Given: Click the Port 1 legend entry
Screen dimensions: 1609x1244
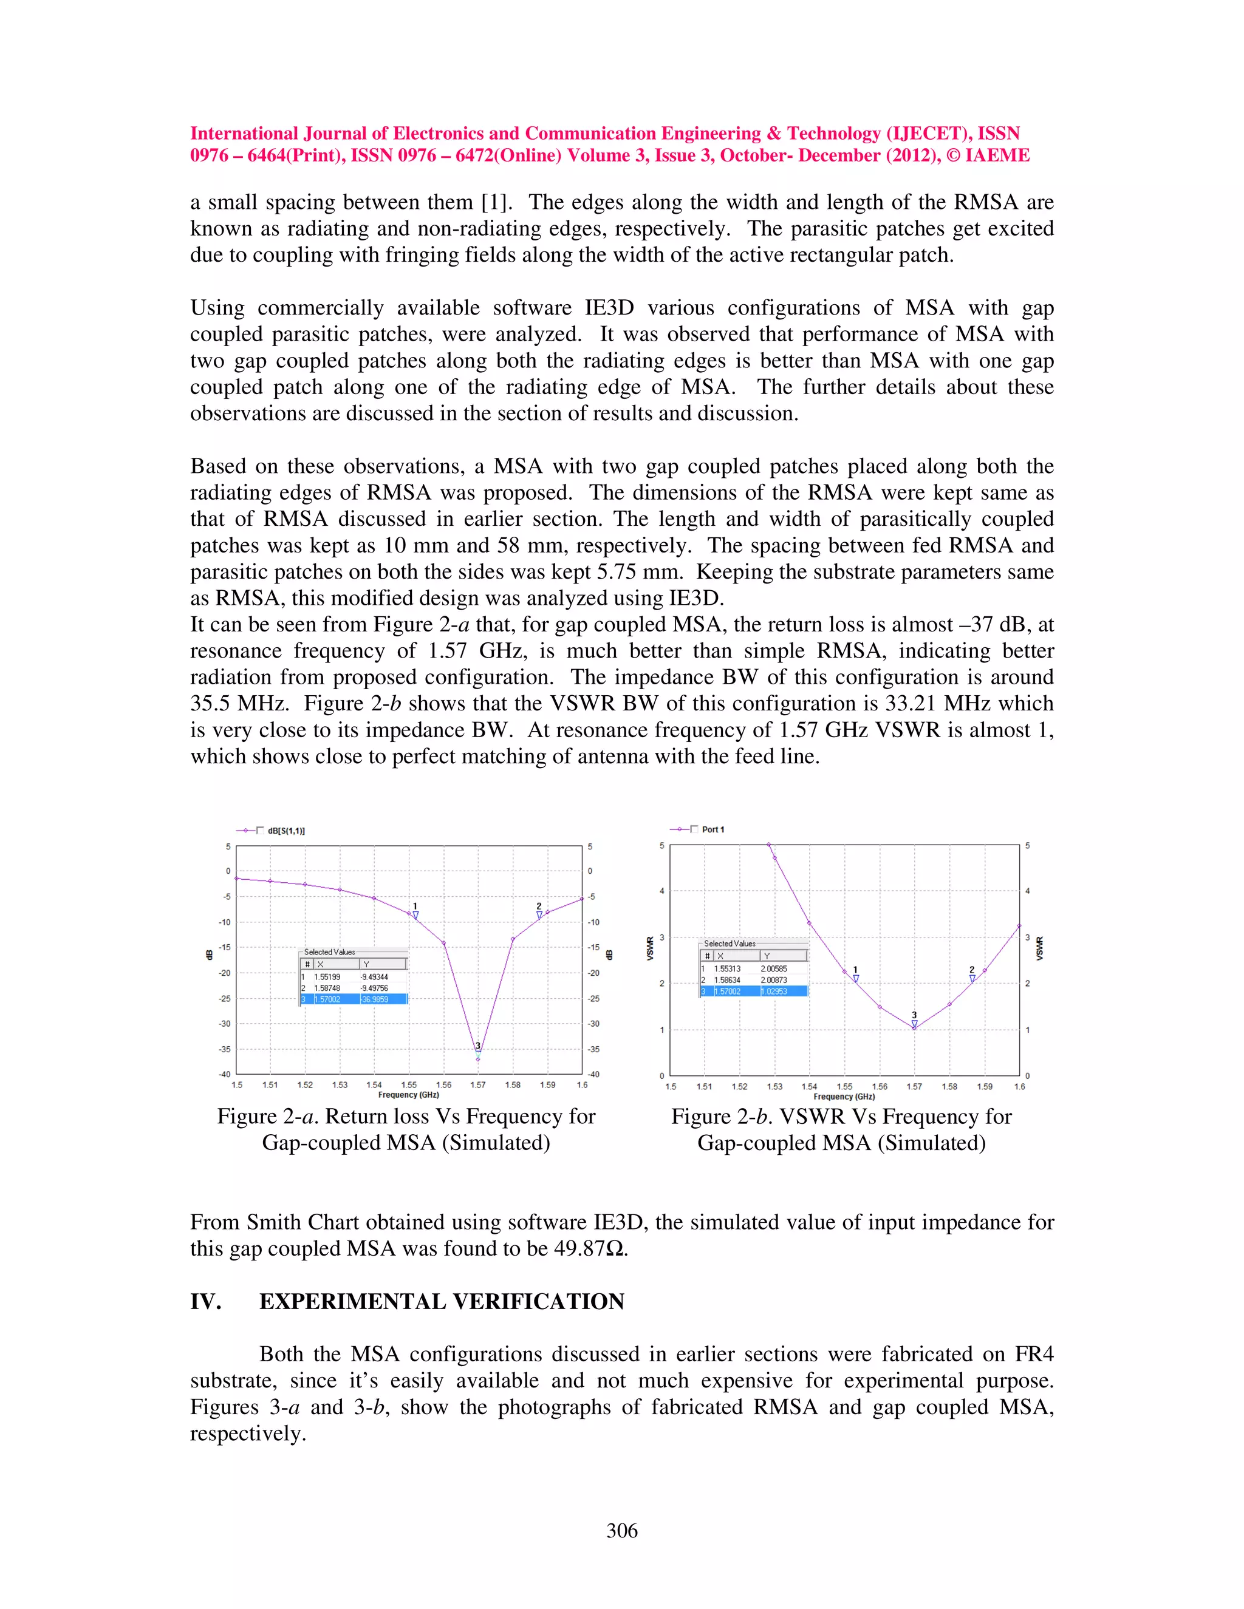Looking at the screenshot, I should (712, 829).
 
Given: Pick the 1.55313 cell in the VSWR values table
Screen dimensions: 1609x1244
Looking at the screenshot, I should (727, 969).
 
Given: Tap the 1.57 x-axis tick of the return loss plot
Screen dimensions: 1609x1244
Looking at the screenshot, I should (477, 1085).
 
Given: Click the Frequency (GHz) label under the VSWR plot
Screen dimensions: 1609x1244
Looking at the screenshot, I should (844, 1097).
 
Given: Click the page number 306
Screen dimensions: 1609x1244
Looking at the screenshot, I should (622, 1531).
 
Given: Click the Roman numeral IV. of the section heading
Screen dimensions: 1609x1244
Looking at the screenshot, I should (206, 1302).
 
